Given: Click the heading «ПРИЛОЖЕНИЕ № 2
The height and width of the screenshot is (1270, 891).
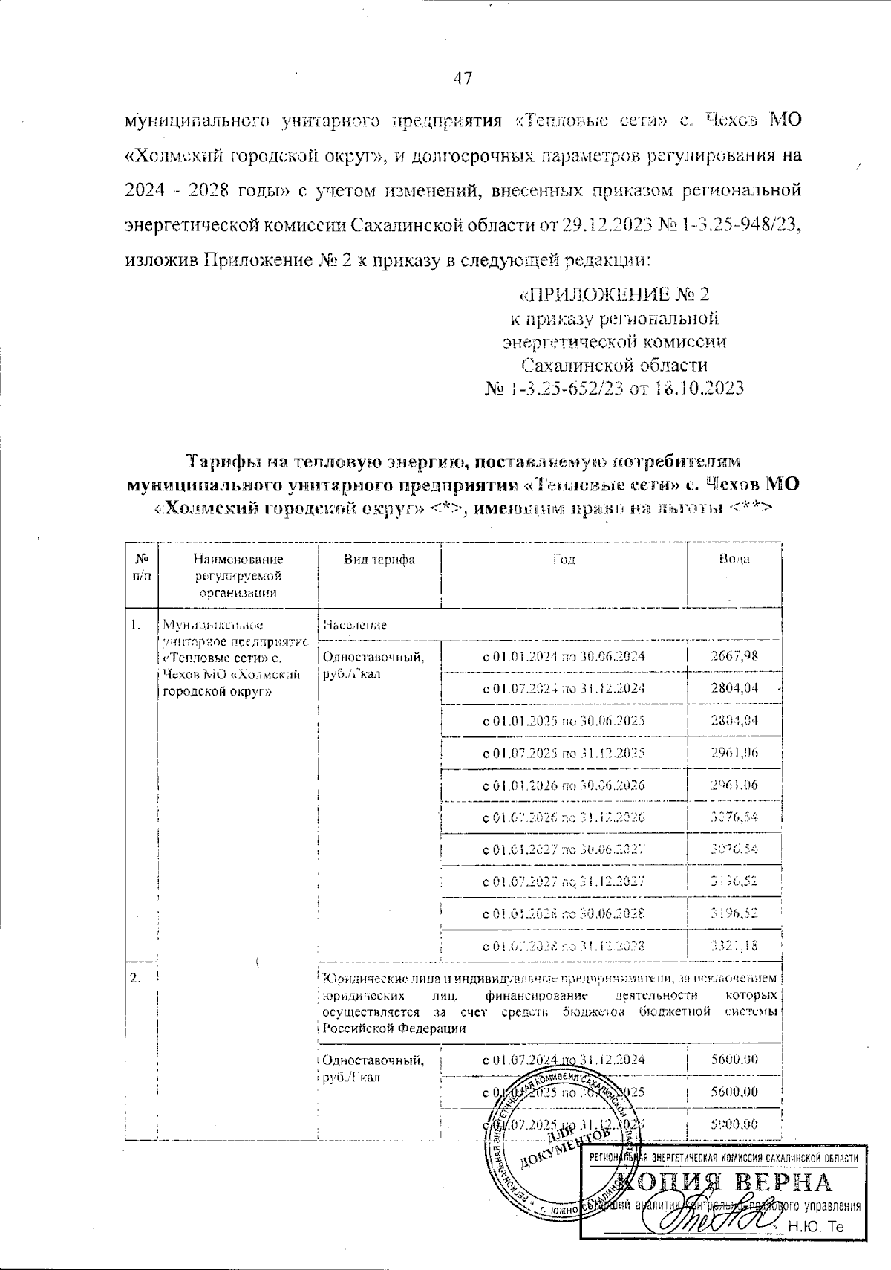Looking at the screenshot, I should click(x=613, y=295).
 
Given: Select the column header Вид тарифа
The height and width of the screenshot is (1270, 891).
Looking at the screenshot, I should click(x=379, y=560).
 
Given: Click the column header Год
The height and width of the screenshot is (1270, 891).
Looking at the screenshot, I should click(x=564, y=560).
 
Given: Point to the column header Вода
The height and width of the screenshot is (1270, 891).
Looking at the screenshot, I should click(x=734, y=559).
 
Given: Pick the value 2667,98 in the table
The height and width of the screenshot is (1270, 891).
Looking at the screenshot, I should click(x=734, y=656).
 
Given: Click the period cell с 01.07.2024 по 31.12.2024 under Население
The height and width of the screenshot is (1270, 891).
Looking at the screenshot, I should click(x=564, y=688).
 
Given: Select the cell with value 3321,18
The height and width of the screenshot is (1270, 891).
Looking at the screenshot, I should click(x=734, y=946).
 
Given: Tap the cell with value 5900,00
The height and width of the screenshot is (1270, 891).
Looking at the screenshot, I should click(x=734, y=1124).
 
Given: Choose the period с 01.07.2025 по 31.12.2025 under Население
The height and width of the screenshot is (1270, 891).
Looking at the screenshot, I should click(x=564, y=753).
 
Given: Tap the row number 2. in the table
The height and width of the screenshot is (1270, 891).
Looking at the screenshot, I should click(x=136, y=978).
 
